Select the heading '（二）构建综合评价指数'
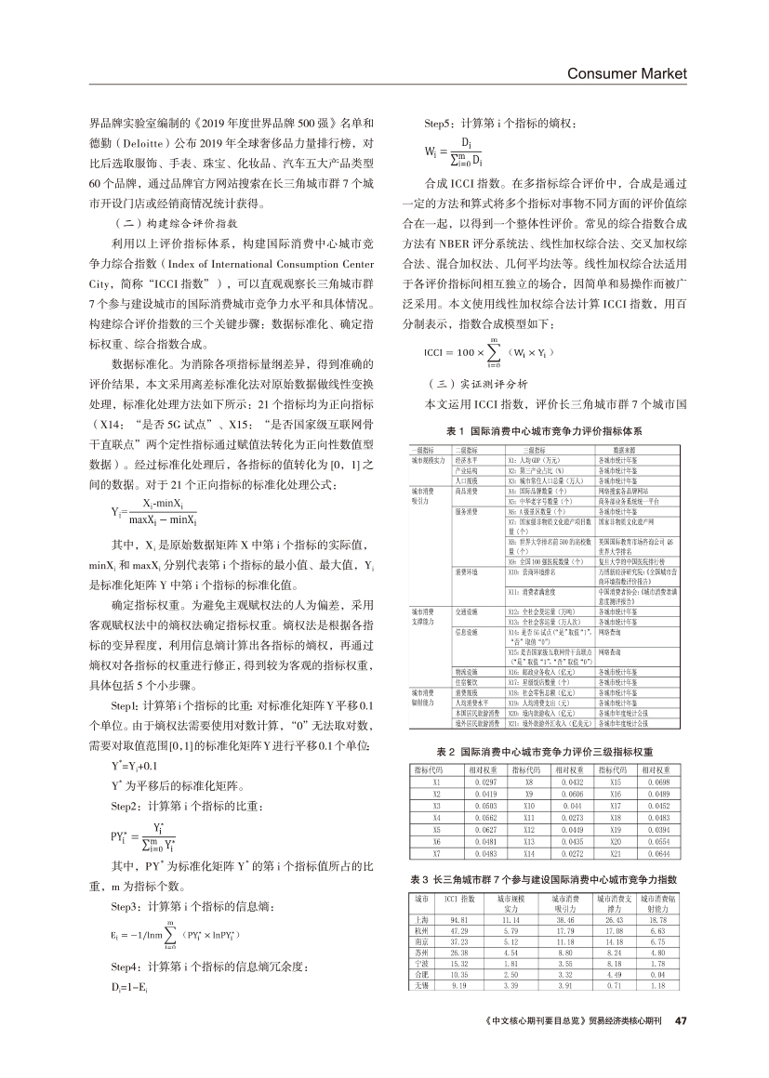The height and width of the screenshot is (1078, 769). pyautogui.click(x=162, y=224)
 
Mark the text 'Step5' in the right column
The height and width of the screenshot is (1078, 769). pyautogui.click(x=441, y=124)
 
